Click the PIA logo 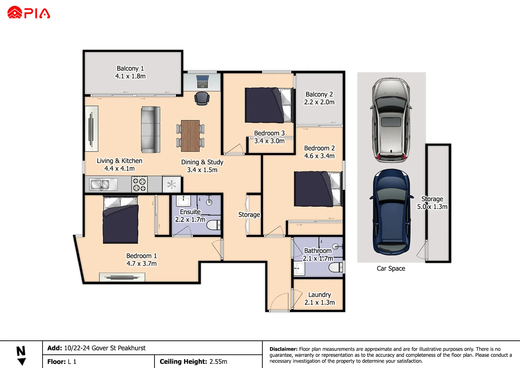pos(29,13)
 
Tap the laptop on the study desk pos(202,81)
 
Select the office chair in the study pos(202,98)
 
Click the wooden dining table pos(190,136)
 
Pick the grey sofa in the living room pos(151,129)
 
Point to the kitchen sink pos(103,185)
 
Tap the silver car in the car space pos(391,120)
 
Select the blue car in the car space pos(391,212)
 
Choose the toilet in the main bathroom pos(336,267)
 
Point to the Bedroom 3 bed pos(269,105)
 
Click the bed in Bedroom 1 pos(120,220)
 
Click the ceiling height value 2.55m pos(218,362)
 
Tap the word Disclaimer pos(283,349)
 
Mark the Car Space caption pos(391,269)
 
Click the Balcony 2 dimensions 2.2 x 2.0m pos(319,102)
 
